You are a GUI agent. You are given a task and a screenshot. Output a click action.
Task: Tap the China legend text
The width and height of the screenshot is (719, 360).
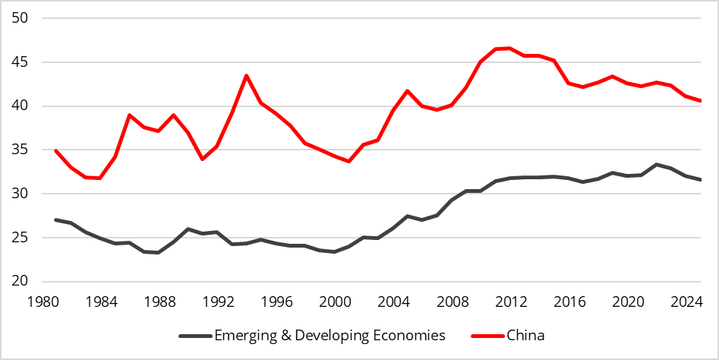coord(525,335)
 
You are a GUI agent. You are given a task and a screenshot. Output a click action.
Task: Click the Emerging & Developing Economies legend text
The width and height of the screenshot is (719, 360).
coord(330,335)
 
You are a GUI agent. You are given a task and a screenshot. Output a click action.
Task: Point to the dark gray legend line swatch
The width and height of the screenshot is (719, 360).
coord(194,335)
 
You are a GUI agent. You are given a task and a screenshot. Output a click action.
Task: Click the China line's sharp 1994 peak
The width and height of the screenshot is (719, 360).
coord(247,75)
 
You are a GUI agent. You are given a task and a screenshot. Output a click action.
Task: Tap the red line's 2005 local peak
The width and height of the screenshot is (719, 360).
coord(408,90)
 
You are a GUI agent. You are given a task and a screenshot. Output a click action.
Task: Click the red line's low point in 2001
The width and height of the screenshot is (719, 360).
coord(349,161)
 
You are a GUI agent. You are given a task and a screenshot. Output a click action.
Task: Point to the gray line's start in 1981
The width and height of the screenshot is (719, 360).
coord(55,219)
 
